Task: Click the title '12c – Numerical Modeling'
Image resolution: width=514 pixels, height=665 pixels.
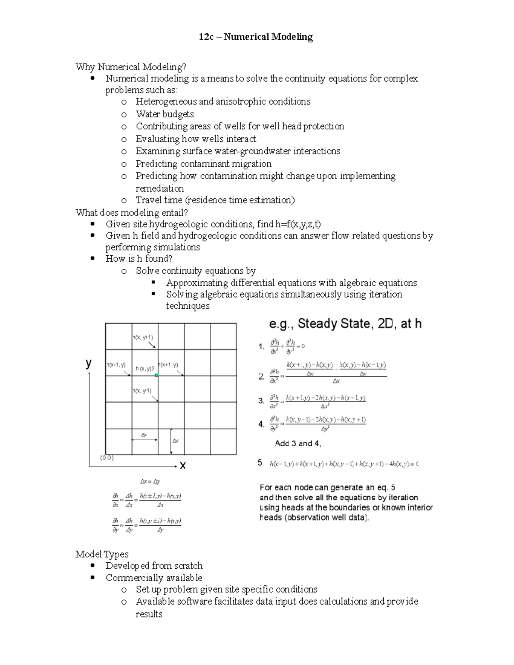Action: (x=256, y=37)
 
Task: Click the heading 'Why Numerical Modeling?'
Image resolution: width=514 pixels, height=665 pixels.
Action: (x=131, y=67)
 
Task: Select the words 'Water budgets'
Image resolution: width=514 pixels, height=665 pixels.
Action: (x=164, y=114)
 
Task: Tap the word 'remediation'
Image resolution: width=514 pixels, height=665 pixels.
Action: (x=159, y=188)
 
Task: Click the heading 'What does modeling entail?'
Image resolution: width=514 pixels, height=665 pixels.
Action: (x=131, y=212)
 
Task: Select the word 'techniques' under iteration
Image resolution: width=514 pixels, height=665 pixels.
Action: (x=188, y=306)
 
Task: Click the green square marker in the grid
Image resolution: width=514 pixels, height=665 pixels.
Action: (x=157, y=375)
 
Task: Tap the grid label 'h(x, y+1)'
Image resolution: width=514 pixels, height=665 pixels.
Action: (x=143, y=337)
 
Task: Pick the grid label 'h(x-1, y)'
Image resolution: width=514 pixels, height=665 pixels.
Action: (x=116, y=365)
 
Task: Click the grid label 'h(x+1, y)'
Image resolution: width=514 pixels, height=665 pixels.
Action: (x=168, y=365)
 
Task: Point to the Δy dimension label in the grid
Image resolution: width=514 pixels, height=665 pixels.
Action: (x=176, y=441)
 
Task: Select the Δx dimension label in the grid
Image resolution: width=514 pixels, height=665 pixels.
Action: (x=144, y=435)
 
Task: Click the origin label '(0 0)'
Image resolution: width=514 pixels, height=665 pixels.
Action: (x=107, y=458)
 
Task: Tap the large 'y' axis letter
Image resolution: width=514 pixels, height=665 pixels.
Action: (x=89, y=363)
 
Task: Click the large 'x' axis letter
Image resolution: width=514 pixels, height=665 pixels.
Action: (x=182, y=465)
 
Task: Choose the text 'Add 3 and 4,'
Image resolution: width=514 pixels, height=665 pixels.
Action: (x=298, y=444)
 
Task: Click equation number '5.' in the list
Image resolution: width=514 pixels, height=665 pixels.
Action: (x=260, y=462)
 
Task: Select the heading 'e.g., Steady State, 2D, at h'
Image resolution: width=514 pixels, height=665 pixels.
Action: (x=345, y=324)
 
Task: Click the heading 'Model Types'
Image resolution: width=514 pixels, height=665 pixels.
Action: (x=102, y=554)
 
